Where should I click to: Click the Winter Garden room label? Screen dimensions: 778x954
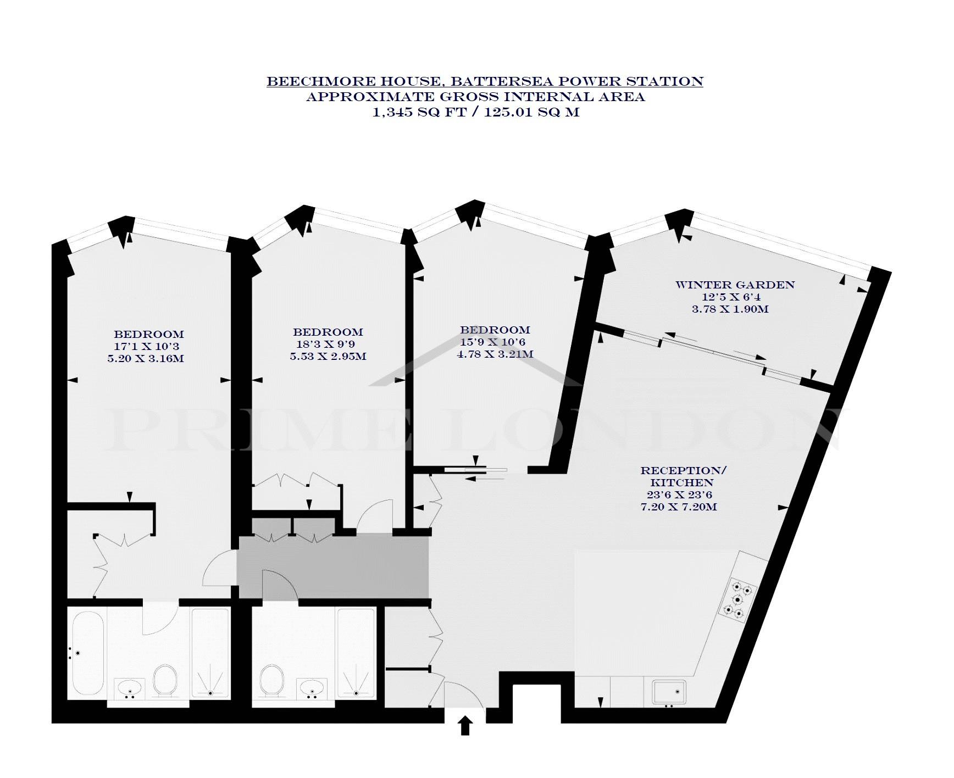point(735,285)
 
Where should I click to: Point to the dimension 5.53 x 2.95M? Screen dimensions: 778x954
point(328,357)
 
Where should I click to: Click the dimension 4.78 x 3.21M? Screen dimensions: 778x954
point(495,354)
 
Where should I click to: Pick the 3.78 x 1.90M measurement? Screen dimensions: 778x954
point(730,309)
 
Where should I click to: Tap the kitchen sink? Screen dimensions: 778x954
point(669,692)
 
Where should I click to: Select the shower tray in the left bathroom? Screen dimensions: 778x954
point(210,654)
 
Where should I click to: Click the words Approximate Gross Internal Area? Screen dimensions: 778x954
point(475,97)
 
